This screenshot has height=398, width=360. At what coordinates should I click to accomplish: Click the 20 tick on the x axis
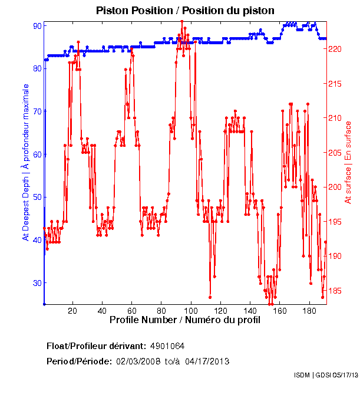[x=72, y=311]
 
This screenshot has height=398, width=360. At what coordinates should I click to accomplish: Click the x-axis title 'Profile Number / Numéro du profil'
[x=184, y=320]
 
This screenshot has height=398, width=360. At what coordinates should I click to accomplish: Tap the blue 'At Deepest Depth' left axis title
[x=25, y=162]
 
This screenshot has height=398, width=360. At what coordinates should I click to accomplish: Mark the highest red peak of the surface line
[x=182, y=21]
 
